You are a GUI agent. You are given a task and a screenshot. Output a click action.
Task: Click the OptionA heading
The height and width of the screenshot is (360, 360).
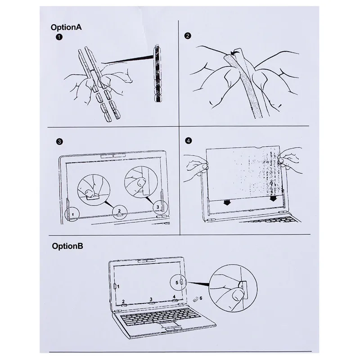(66, 27)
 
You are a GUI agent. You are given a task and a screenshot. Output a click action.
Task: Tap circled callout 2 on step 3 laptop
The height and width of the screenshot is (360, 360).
(119, 210)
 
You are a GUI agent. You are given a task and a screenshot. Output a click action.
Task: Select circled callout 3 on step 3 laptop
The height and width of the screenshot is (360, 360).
(157, 207)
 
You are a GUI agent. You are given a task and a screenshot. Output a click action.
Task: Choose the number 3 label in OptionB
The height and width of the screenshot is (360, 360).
(151, 299)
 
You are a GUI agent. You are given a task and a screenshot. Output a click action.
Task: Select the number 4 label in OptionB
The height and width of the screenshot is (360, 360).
(174, 297)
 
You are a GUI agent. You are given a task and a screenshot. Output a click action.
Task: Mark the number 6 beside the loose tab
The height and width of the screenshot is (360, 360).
(201, 298)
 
